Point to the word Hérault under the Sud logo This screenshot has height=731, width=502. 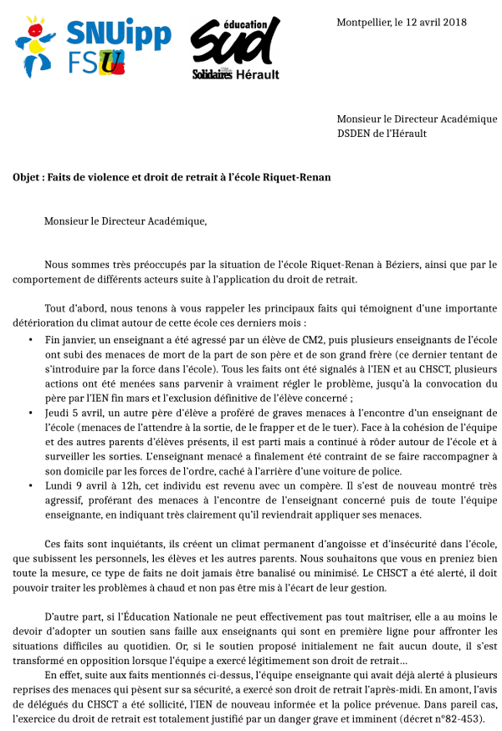coord(259,74)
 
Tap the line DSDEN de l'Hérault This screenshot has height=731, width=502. coord(382,133)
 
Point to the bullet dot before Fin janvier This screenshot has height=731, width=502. coord(31,340)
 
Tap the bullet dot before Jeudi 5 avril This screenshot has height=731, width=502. coord(31,414)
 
